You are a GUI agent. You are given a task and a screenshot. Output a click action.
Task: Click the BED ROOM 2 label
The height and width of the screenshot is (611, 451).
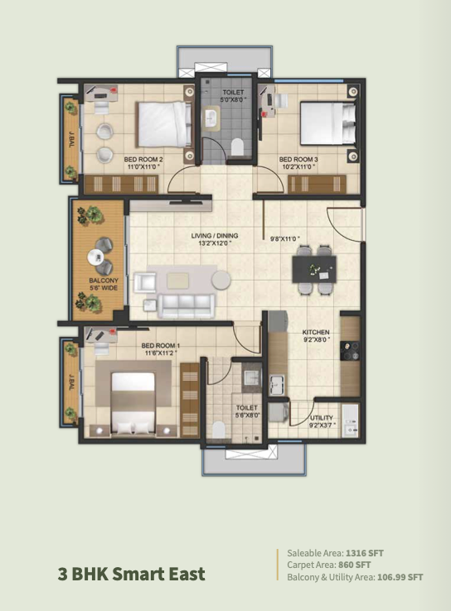tap(143, 160)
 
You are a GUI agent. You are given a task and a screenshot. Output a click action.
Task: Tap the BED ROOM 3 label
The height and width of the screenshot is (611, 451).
tap(298, 160)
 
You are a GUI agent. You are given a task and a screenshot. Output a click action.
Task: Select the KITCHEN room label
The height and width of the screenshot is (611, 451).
tap(316, 332)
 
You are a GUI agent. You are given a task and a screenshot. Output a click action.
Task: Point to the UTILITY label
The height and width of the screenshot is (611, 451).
tap(322, 418)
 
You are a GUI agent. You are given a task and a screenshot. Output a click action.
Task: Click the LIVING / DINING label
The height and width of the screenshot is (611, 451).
tap(215, 236)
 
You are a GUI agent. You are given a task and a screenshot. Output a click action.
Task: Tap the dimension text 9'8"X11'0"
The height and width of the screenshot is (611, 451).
tap(285, 239)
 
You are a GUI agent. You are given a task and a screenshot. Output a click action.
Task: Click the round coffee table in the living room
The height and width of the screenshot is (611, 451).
tap(221, 280)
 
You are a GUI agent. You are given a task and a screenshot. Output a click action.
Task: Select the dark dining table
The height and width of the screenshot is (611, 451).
tap(314, 269)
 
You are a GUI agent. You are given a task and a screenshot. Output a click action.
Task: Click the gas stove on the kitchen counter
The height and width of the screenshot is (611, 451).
tap(350, 351)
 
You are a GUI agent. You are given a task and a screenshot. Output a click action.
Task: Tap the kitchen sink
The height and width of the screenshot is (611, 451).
tap(277, 383)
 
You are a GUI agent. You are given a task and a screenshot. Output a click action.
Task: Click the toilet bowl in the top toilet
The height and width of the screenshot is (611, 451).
tap(237, 147)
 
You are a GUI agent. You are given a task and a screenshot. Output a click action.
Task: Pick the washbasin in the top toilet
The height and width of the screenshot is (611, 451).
tap(212, 118)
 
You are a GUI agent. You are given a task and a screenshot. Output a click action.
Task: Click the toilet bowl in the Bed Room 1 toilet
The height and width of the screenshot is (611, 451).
tap(219, 430)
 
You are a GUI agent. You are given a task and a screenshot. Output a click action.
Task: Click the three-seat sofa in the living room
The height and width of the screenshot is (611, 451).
tap(186, 305)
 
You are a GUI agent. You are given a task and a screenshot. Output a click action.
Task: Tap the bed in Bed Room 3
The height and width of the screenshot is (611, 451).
tap(327, 123)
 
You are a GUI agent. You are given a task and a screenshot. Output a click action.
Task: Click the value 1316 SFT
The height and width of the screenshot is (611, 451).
tap(365, 553)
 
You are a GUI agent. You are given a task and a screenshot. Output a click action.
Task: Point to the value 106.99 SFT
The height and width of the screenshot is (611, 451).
tap(400, 577)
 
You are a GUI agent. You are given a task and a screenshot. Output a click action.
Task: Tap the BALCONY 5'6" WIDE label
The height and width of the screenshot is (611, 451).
tap(104, 284)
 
